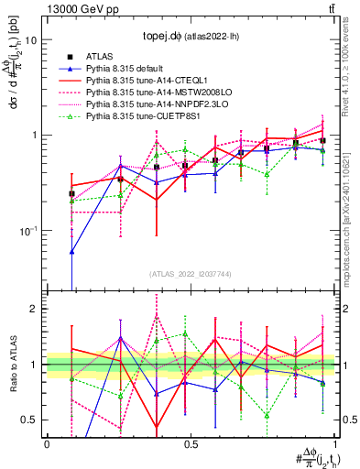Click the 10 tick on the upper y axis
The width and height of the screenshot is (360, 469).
point(30,40)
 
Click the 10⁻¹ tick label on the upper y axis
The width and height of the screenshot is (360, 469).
point(28,230)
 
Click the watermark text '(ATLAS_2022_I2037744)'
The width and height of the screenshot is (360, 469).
point(191,274)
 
